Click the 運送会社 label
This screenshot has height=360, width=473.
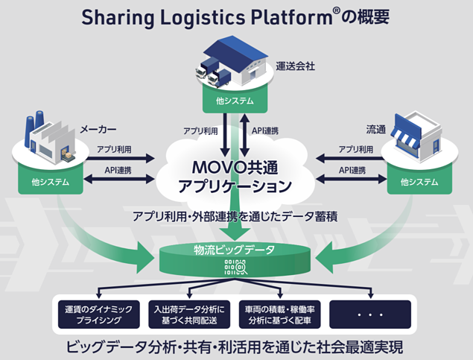[296, 66]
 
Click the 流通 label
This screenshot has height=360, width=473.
[377, 129]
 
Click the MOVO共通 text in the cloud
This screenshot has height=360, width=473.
[237, 162]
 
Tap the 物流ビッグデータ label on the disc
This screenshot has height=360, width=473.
[236, 253]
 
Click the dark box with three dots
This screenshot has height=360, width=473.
[370, 315]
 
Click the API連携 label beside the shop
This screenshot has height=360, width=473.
[355, 170]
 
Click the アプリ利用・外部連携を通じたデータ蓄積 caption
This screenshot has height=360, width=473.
[236, 217]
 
